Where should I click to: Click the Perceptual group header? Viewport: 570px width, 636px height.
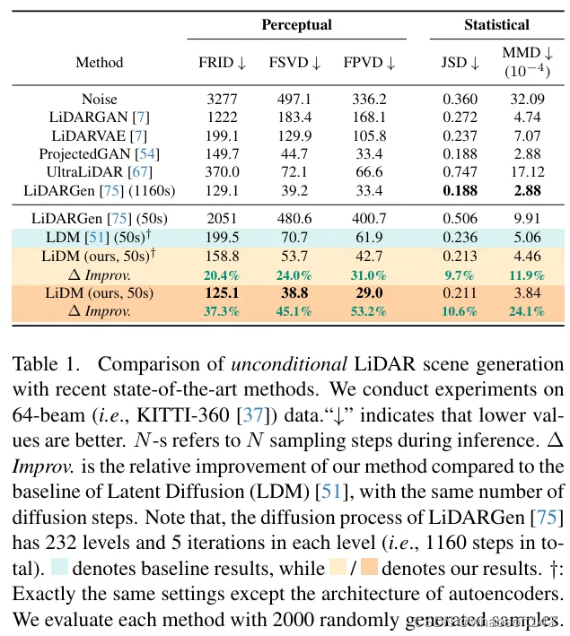296,25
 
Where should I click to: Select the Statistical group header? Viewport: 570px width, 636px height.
496,25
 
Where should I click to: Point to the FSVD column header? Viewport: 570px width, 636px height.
295,63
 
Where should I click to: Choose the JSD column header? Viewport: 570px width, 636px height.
460,63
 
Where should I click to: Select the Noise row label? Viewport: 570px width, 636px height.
99,99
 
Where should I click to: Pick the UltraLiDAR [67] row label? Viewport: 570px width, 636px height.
99,171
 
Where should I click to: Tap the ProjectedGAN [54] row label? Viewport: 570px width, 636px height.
99,153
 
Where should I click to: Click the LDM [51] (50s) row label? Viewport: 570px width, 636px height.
99,237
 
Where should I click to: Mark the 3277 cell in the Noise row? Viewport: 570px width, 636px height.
222,99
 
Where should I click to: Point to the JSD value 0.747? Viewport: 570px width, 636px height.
460,171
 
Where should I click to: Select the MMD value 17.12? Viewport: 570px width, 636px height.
526,171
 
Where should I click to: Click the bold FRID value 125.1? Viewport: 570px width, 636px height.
222,293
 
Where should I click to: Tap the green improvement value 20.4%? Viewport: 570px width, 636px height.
222,274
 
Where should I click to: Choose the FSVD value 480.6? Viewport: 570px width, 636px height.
295,218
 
